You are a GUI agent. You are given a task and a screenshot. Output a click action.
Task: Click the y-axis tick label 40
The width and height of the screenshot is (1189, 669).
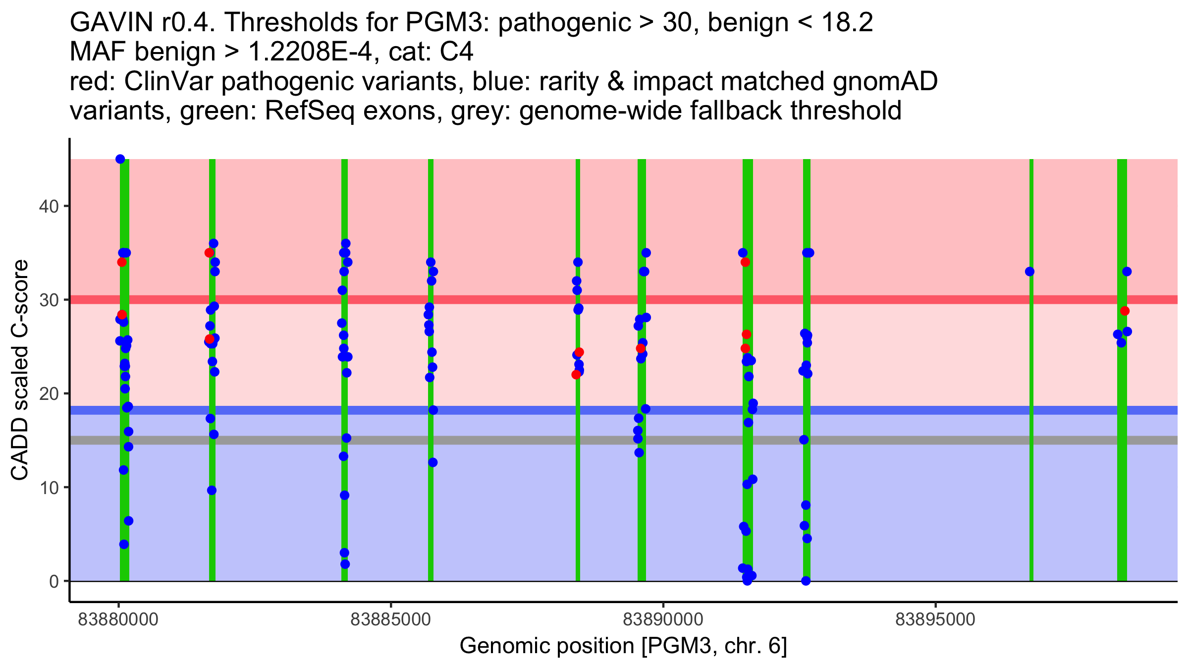coord(49,206)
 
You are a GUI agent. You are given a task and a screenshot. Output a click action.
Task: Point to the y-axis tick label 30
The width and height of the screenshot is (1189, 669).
coord(49,300)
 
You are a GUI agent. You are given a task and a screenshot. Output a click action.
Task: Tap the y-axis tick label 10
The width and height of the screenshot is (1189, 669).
coord(49,488)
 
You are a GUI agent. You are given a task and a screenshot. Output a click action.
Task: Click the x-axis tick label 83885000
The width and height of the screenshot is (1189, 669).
coord(390,619)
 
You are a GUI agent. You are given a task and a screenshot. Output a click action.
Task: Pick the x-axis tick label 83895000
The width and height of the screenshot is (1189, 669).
coord(935,619)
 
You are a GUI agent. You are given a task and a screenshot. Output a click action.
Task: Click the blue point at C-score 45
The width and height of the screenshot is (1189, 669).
coord(120,159)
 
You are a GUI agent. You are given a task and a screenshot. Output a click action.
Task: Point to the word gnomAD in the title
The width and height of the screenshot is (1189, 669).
coord(885,81)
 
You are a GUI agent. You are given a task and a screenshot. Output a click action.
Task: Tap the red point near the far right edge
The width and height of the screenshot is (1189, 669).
coord(1125,311)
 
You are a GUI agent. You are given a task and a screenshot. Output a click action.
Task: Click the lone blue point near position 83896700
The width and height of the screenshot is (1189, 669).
coord(1029,272)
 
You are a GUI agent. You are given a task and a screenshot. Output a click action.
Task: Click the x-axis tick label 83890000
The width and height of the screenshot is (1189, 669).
coord(663,619)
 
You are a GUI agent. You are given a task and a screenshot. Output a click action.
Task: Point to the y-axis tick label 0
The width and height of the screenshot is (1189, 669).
coord(54,581)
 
